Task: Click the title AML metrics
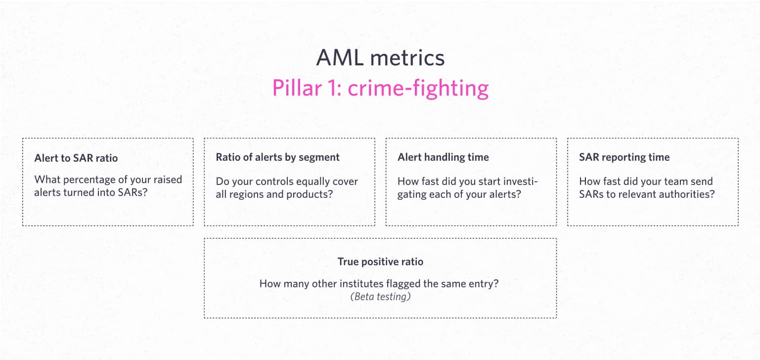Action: [x=380, y=58]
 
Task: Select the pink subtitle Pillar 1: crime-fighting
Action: [x=380, y=89]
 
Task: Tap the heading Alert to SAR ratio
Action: [x=76, y=158]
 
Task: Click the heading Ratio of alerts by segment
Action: [x=278, y=157]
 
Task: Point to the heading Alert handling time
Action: [x=443, y=157]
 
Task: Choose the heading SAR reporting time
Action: [x=624, y=157]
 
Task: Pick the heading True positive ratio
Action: [x=380, y=262]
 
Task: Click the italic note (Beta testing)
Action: [x=380, y=297]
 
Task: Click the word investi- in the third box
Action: [x=519, y=181]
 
